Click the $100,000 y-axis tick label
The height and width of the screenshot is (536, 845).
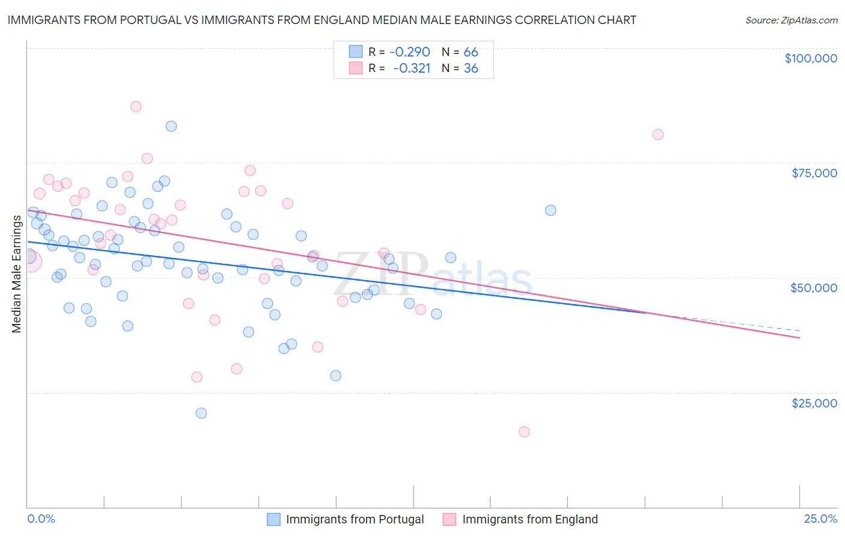[810, 58]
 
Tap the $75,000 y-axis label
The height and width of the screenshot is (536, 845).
[814, 173]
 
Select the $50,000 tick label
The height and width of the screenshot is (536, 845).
[813, 288]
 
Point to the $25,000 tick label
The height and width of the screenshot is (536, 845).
[814, 403]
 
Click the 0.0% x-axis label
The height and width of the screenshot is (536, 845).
[41, 519]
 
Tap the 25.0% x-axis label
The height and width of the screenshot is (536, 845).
[820, 519]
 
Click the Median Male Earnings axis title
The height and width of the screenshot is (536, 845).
[17, 274]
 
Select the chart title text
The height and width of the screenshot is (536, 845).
[322, 20]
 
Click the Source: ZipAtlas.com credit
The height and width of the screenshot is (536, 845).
[791, 20]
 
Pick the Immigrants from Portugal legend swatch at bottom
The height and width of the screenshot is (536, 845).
[273, 519]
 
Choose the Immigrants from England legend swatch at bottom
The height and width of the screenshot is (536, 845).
[450, 519]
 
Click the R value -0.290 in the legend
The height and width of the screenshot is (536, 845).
[410, 52]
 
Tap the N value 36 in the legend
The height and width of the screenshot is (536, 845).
[471, 69]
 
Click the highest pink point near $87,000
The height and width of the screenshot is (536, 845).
[136, 106]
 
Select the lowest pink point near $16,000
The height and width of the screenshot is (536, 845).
[524, 431]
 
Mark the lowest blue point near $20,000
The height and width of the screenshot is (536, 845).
[201, 413]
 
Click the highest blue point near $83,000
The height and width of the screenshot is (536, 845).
[171, 126]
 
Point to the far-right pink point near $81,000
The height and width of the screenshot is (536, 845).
[658, 135]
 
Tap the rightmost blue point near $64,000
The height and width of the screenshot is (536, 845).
[551, 210]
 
